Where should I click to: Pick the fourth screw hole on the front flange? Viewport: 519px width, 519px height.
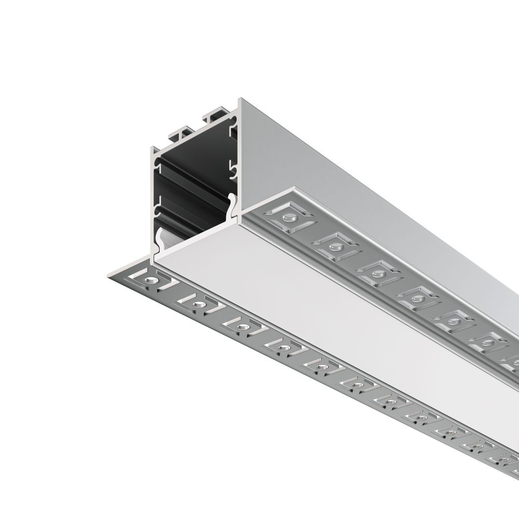(282, 347)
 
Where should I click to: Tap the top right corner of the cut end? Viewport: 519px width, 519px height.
(239, 100)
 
